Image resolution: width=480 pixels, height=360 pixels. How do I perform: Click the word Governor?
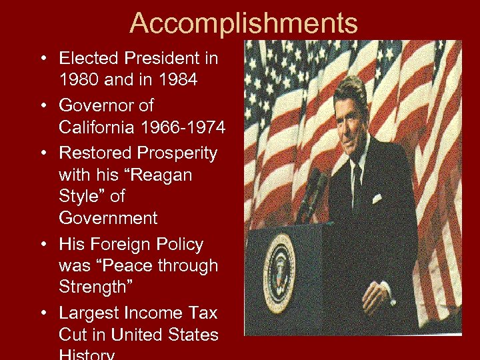point(106,105)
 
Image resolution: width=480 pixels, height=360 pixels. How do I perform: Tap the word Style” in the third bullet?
point(83,196)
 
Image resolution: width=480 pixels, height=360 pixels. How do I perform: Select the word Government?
point(108,217)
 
